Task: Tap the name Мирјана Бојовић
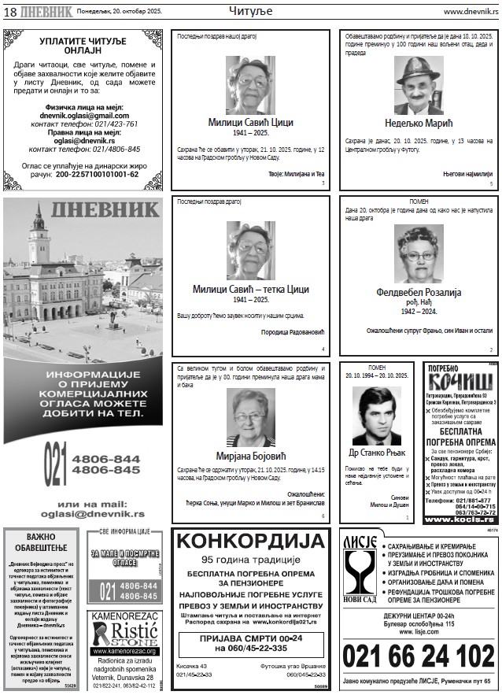click(249, 456)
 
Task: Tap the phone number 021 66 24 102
click(418, 656)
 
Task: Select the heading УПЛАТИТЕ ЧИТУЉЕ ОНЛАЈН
click(85, 44)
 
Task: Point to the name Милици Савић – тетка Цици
click(249, 289)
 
